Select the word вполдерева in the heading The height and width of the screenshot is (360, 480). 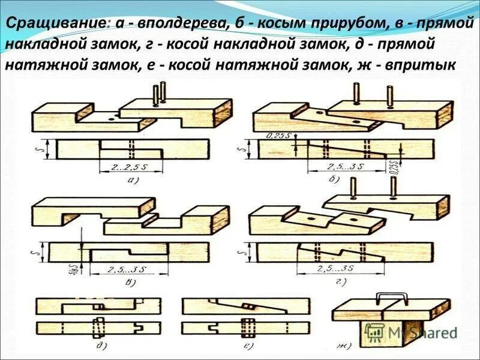click(169, 23)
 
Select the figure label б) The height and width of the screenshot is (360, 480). click(334, 179)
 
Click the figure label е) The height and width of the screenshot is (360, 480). click(245, 347)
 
